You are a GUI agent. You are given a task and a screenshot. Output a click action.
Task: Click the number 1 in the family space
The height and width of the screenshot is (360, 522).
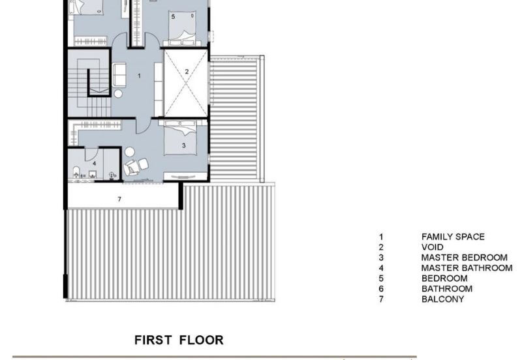(x=139, y=76)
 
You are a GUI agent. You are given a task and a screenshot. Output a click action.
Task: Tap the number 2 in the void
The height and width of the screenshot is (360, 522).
(x=187, y=72)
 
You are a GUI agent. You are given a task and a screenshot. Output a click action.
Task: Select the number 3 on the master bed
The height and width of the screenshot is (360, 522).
(x=184, y=145)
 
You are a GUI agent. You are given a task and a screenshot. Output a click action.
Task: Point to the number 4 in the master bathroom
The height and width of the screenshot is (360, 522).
(x=95, y=163)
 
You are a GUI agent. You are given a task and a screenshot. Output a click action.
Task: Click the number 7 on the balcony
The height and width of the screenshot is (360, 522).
(x=119, y=200)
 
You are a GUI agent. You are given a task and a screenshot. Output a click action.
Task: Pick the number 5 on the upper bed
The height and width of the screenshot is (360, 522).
(x=173, y=16)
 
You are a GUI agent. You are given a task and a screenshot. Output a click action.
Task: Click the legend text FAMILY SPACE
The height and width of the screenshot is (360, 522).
(x=453, y=237)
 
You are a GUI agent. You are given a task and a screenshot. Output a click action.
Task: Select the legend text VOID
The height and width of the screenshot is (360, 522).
(x=432, y=247)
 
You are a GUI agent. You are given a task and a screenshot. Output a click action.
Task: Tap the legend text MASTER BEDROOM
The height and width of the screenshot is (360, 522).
(x=464, y=258)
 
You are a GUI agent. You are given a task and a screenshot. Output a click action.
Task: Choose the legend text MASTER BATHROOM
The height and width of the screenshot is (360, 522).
(x=467, y=268)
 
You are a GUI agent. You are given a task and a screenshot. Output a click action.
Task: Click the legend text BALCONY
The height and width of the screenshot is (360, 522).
(x=442, y=299)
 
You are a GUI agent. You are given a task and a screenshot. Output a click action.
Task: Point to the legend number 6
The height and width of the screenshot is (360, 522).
(x=381, y=288)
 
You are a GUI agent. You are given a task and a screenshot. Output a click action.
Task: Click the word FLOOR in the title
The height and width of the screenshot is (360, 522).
(x=202, y=340)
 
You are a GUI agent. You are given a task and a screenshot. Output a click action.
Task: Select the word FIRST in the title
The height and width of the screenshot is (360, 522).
(x=153, y=340)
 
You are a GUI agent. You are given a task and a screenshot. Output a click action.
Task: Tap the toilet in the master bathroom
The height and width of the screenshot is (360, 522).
(x=76, y=172)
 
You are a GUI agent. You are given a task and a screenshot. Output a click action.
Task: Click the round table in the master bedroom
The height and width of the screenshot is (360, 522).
(x=129, y=152)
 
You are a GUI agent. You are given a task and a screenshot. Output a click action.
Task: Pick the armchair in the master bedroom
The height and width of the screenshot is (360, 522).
(x=132, y=168)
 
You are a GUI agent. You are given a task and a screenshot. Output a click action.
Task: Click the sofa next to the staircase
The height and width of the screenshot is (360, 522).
(x=119, y=75)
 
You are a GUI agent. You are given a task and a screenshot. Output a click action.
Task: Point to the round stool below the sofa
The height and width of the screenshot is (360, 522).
(x=118, y=94)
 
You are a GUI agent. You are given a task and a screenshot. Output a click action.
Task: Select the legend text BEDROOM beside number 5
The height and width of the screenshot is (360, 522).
(x=444, y=278)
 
